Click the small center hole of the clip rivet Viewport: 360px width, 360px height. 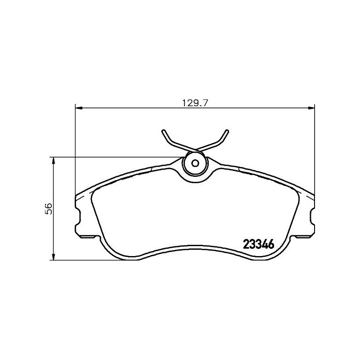195,163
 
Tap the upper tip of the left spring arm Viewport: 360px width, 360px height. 162,131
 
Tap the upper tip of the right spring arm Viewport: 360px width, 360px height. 228,131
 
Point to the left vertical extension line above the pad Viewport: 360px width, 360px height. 75,148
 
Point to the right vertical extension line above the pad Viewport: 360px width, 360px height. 314,148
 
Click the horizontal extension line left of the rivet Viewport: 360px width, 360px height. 117,157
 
